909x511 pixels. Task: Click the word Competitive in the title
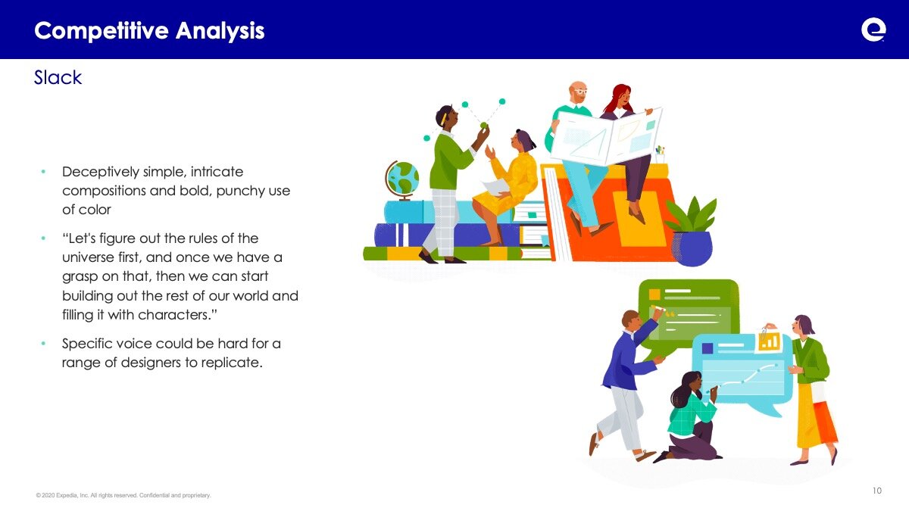point(102,31)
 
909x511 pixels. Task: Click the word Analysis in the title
point(220,31)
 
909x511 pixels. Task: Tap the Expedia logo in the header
point(873,30)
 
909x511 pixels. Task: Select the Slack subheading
point(58,77)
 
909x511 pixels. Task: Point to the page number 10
point(877,491)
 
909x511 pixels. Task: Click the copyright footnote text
point(123,495)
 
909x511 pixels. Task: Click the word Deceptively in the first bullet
point(100,172)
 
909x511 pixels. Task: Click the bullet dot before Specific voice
point(43,344)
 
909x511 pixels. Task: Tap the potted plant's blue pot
point(692,248)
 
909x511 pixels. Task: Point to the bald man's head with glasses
point(578,92)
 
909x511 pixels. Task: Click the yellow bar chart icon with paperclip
point(769,340)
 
